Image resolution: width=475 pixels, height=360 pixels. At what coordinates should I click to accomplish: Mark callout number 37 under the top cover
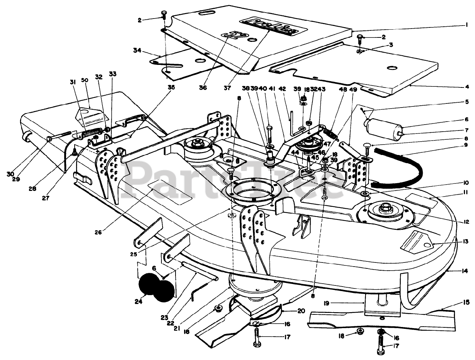point(227,88)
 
